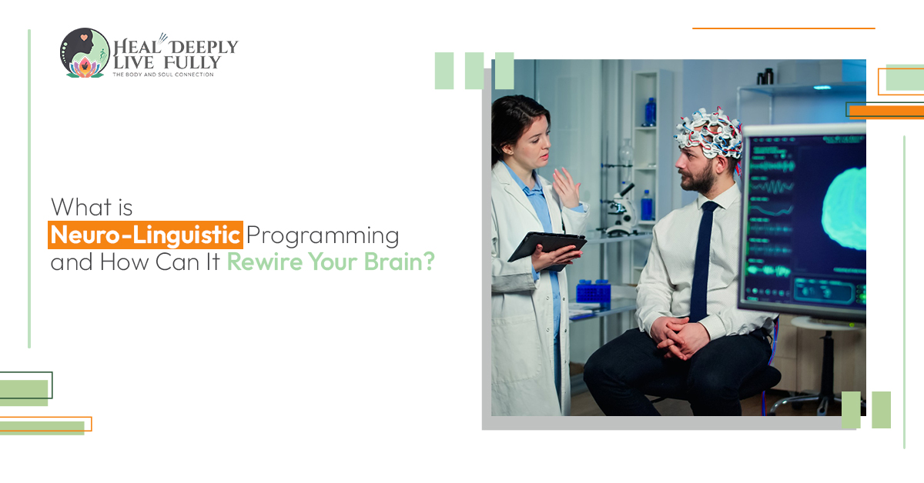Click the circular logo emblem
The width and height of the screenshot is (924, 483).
pyautogui.click(x=85, y=53)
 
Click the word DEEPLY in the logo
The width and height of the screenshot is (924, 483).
pyautogui.click(x=204, y=47)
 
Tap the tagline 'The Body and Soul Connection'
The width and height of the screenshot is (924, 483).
pyautogui.click(x=163, y=75)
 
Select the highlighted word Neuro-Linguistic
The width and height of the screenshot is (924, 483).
pyautogui.click(x=146, y=235)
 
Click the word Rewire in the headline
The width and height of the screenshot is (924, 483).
pyautogui.click(x=265, y=261)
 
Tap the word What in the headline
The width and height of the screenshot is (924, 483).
pyautogui.click(x=82, y=207)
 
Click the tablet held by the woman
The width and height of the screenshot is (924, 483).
pyautogui.click(x=547, y=250)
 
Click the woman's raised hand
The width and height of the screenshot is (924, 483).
pyautogui.click(x=567, y=188)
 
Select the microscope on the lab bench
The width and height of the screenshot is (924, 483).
pyautogui.click(x=621, y=210)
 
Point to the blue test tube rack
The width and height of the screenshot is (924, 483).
pyautogui.click(x=594, y=291)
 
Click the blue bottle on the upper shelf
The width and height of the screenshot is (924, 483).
pyautogui.click(x=650, y=112)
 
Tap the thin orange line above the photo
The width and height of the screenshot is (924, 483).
pyautogui.click(x=784, y=28)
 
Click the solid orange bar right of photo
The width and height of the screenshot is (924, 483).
pyautogui.click(x=886, y=112)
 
